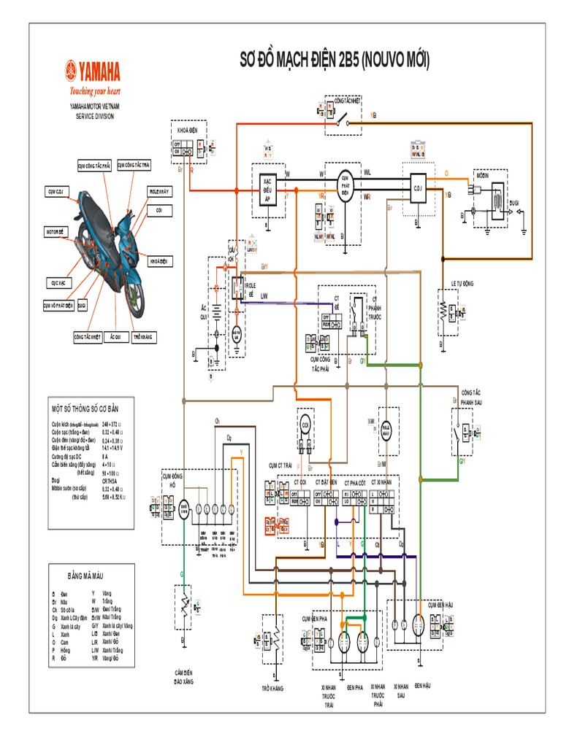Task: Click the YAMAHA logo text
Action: click(95, 72)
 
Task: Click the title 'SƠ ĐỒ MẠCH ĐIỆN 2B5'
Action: click(335, 61)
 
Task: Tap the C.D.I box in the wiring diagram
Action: click(417, 186)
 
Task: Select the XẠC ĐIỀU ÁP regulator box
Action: click(267, 187)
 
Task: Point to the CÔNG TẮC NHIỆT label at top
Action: click(348, 103)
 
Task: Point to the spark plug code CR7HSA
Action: click(110, 481)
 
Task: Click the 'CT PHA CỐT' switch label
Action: click(356, 482)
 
